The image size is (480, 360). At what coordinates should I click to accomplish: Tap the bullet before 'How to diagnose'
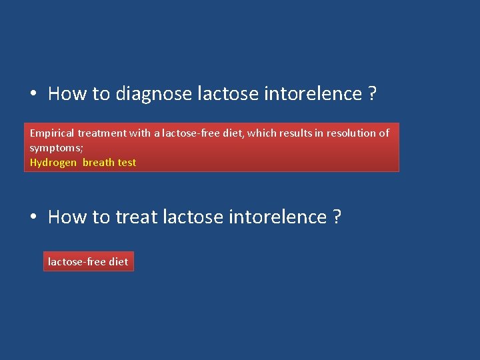tap(33, 94)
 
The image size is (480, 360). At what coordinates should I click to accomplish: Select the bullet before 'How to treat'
tap(33, 217)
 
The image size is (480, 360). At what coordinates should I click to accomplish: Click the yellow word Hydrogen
tap(53, 163)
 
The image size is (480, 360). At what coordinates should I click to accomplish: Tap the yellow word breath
tap(99, 163)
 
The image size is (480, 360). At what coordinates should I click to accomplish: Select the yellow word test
tap(127, 163)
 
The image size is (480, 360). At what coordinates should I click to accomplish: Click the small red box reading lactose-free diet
tap(88, 262)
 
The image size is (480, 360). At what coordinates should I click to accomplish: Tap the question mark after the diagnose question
tap(372, 94)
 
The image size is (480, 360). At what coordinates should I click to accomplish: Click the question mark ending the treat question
tap(336, 217)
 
